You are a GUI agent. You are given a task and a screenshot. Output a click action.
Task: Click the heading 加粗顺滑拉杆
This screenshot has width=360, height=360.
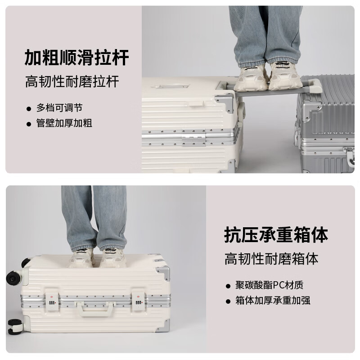tap(76, 58)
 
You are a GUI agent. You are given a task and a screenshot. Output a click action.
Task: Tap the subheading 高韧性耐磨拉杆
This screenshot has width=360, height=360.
tap(72, 82)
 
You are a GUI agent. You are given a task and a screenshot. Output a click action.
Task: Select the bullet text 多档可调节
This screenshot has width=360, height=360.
tap(59, 108)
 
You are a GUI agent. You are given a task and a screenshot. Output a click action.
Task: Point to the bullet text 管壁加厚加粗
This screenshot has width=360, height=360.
tap(64, 123)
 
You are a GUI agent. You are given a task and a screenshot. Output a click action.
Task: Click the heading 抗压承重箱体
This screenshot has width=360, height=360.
tap(276, 235)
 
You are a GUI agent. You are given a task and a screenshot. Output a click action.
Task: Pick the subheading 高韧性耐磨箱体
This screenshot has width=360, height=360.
tap(271, 259)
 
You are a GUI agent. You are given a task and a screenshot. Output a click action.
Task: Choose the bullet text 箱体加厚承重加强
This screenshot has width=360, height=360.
tap(273, 301)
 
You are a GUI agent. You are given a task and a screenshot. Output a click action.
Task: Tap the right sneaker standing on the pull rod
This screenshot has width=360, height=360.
tap(284, 76)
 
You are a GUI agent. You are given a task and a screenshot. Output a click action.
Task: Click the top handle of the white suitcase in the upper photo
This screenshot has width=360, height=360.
tap(170, 86)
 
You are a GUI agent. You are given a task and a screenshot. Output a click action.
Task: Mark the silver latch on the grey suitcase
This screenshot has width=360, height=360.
tap(349, 155)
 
